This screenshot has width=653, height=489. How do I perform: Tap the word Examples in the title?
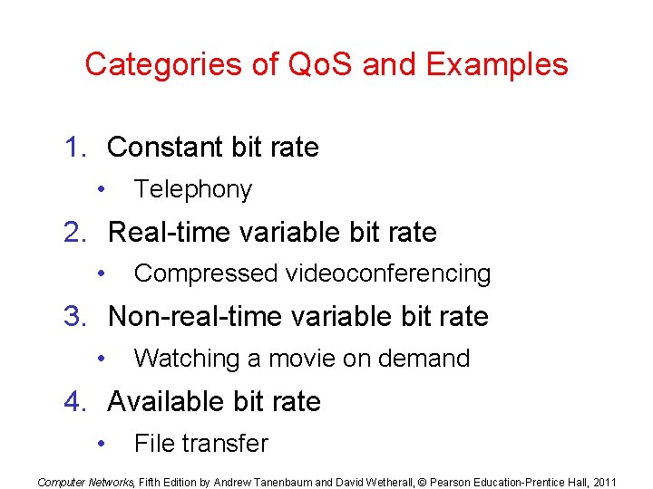point(497,65)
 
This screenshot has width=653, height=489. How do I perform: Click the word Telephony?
point(192,189)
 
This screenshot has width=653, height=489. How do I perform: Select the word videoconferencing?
point(388,273)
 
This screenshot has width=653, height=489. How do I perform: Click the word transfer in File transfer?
point(227,444)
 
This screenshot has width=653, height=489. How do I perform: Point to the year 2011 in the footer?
point(604,482)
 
